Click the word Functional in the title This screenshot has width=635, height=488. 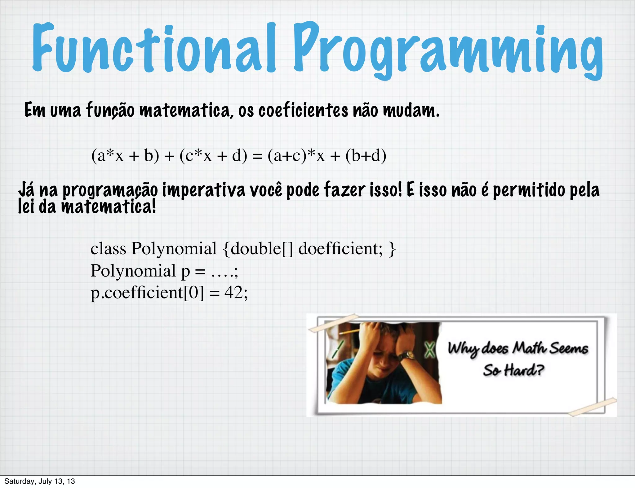pos(153,48)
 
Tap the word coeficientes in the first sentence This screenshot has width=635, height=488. pos(303,110)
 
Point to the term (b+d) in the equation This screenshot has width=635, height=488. pos(366,156)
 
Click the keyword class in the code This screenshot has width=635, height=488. pos(108,249)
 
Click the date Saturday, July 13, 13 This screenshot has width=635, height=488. pos(40,481)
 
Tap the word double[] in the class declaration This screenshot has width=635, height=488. pos(262,249)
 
